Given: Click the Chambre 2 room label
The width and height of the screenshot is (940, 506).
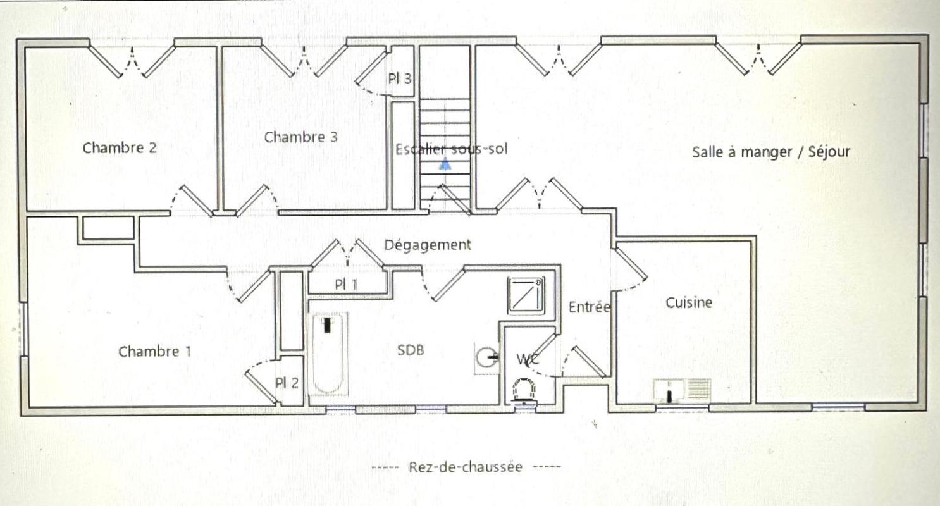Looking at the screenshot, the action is click(120, 147).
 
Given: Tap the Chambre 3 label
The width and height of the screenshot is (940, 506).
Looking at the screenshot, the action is click(300, 137).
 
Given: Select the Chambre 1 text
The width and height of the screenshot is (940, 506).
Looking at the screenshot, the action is click(155, 351).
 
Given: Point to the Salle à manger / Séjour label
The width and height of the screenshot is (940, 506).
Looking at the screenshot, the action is click(771, 152).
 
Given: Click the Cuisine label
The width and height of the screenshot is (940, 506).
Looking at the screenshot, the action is click(689, 302).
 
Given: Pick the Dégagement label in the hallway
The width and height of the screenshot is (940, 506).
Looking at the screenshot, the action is click(428, 245).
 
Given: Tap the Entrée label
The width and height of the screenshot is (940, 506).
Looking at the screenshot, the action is click(589, 307).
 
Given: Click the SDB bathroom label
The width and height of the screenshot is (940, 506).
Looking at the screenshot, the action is click(411, 350).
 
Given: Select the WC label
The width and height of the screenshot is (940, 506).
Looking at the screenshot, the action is click(528, 359).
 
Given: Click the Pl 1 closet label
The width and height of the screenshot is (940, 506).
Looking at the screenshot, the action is click(346, 285).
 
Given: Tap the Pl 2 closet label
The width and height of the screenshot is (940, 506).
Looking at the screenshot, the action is click(287, 383).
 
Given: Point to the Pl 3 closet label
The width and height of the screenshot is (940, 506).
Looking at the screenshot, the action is click(400, 78).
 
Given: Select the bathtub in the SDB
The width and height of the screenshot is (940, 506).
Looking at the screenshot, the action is click(328, 354).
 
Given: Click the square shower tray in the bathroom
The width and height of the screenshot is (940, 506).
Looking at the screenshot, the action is click(527, 295).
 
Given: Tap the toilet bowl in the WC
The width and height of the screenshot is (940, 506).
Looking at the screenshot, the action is click(524, 392).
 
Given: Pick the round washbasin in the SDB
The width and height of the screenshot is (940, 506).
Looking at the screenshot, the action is click(487, 358).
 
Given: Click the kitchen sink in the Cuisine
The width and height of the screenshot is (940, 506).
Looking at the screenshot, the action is click(682, 391).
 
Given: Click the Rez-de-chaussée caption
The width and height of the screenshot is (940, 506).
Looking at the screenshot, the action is click(466, 467).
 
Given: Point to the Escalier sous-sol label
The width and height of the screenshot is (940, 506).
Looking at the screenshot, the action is click(452, 149).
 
